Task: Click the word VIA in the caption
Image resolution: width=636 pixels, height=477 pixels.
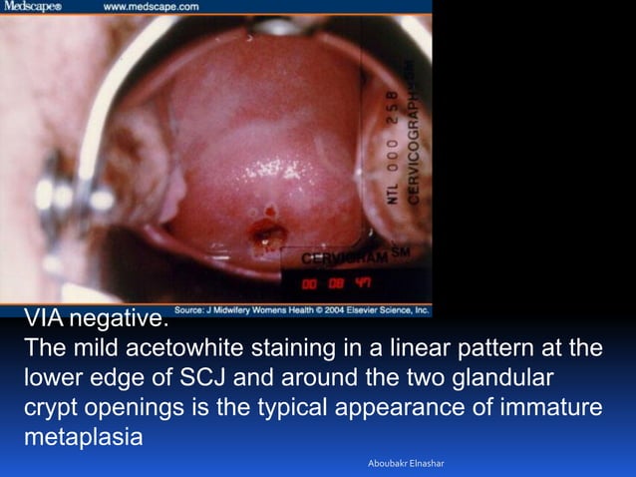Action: pos(44,320)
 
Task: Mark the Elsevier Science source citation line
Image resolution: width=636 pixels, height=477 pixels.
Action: pos(302,310)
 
